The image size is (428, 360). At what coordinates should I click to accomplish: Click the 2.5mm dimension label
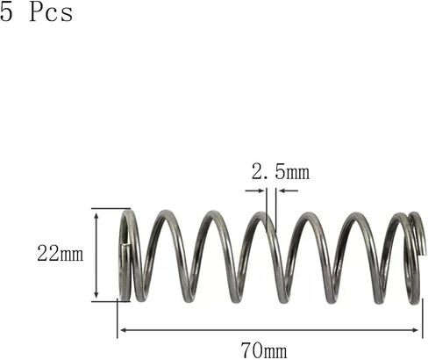pos(280,172)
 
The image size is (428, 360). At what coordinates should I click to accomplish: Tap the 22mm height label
pos(60,255)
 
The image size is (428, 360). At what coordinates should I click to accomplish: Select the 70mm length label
pos(263,350)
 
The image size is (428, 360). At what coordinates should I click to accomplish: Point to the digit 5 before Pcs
pos(7,15)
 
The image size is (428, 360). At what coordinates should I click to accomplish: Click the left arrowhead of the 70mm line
pos(122,330)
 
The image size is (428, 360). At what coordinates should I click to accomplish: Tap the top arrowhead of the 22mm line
pos(96,213)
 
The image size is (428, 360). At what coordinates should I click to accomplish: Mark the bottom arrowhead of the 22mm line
pos(96,297)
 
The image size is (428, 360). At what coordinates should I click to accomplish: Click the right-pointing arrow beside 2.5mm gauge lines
pos(260,191)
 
